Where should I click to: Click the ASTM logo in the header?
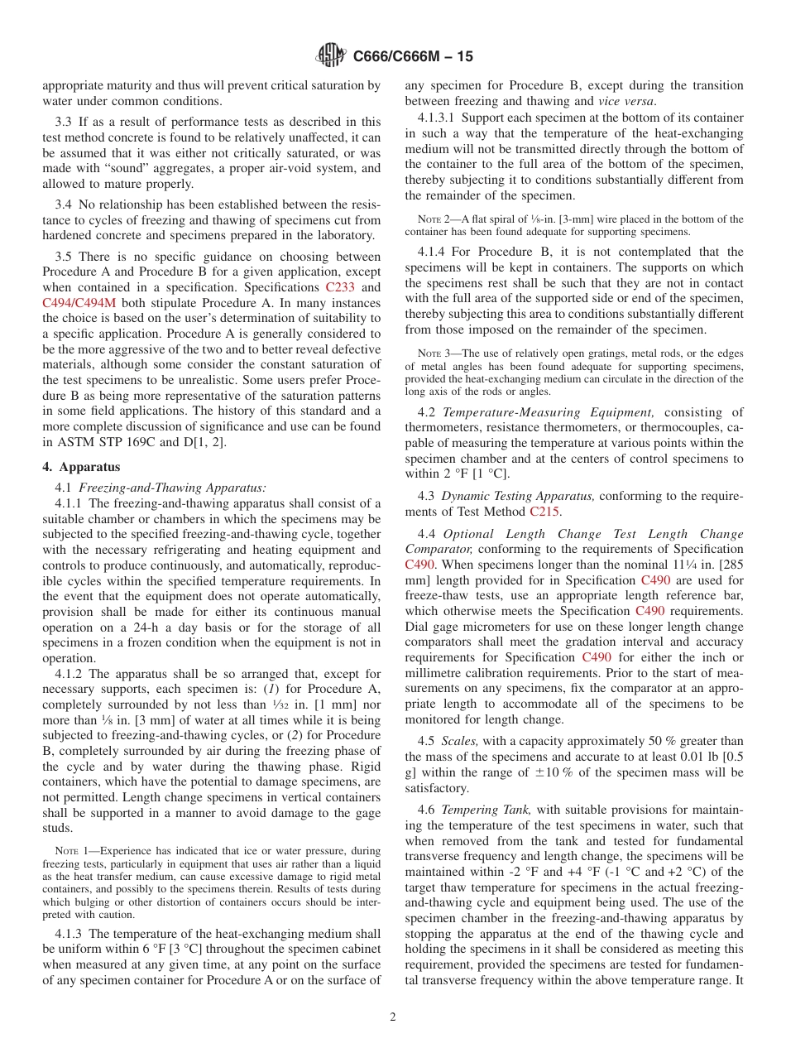332,57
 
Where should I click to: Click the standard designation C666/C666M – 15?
413,57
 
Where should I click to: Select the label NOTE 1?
72,851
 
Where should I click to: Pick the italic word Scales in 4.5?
458,741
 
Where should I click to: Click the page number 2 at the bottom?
393,1017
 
